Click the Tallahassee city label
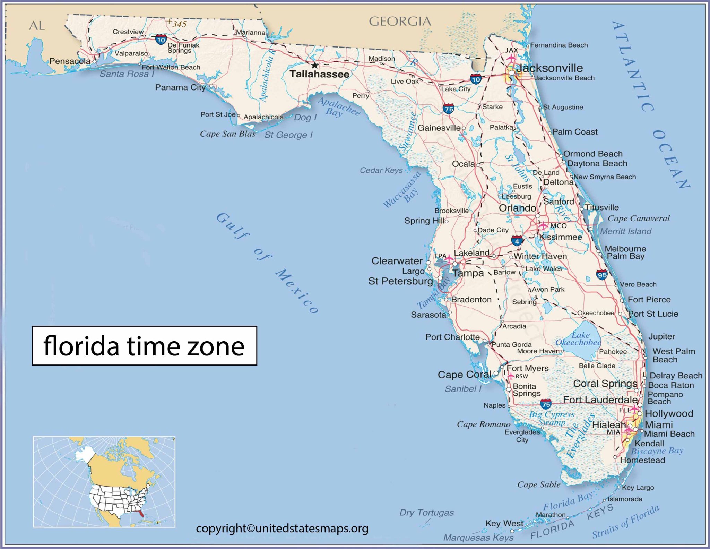319,74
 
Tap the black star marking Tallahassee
314,65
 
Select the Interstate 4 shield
517,241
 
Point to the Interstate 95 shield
602,275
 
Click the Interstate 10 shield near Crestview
161,40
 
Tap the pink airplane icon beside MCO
543,225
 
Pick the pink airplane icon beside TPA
449,259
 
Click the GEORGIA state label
400,22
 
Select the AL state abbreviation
37,26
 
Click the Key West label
504,523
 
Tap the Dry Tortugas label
426,512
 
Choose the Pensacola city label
70,61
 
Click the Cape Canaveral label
639,218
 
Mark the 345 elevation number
180,24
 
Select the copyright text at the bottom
282,529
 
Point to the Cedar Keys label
381,170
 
